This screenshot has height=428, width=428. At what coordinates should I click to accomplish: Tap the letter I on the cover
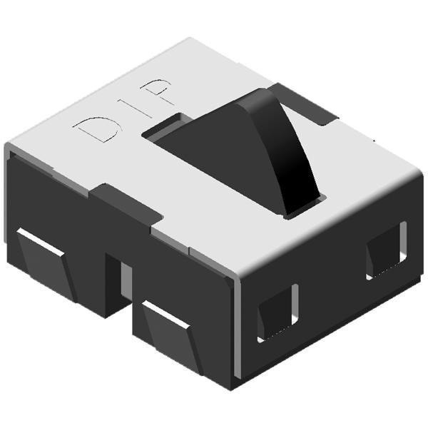[134, 108]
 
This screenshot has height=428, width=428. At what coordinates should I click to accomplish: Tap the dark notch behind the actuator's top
[306, 106]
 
